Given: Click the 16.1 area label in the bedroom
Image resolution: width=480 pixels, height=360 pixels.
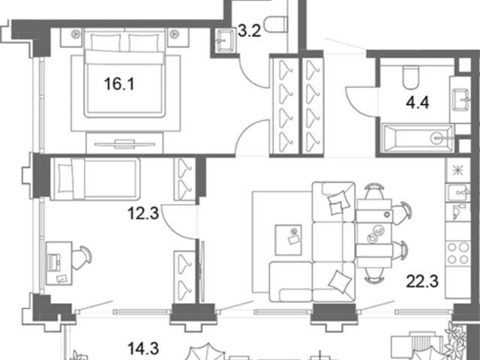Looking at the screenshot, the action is pyautogui.click(x=119, y=84).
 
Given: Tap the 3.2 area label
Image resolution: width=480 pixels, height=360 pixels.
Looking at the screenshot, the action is pyautogui.click(x=250, y=31).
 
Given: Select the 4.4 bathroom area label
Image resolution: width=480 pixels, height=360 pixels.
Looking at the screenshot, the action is pyautogui.click(x=418, y=102).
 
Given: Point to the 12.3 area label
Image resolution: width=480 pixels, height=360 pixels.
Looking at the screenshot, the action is pyautogui.click(x=143, y=213).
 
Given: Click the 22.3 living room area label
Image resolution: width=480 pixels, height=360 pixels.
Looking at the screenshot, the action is pyautogui.click(x=422, y=281).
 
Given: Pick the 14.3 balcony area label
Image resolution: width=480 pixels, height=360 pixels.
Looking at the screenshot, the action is pyautogui.click(x=143, y=349).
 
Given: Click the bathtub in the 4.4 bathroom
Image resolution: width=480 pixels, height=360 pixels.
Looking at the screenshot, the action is pyautogui.click(x=418, y=138).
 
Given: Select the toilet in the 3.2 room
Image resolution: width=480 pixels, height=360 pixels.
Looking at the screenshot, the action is pyautogui.click(x=275, y=25).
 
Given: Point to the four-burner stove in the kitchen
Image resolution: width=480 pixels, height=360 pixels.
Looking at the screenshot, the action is pyautogui.click(x=457, y=253).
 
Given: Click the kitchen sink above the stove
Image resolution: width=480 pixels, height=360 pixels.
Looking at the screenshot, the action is pyautogui.click(x=458, y=193).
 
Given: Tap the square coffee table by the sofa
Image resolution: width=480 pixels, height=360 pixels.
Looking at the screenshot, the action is pyautogui.click(x=288, y=240).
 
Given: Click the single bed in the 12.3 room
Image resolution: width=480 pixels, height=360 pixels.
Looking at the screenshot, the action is pyautogui.click(x=95, y=179).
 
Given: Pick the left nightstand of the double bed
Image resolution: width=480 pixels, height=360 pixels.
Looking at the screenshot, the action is pyautogui.click(x=71, y=37).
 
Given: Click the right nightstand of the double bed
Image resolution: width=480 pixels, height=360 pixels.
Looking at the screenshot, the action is pyautogui.click(x=178, y=37).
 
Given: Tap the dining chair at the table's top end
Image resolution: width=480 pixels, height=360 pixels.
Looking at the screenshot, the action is pyautogui.click(x=374, y=191).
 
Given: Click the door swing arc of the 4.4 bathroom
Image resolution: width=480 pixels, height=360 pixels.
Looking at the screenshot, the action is pyautogui.click(x=358, y=103).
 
